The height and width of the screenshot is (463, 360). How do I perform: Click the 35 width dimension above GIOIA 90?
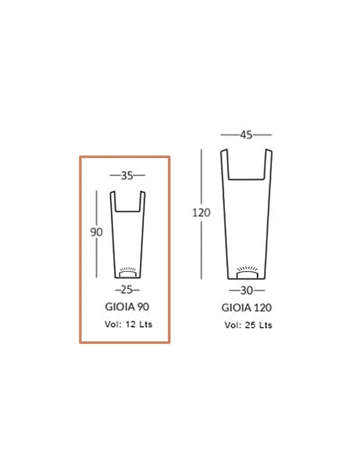127,176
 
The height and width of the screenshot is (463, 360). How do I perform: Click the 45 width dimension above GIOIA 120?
246,134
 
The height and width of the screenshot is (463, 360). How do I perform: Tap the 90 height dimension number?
97,232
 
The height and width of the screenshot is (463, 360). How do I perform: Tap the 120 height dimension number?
201,212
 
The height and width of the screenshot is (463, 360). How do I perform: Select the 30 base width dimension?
247,291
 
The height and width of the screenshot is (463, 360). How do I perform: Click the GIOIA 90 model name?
127,306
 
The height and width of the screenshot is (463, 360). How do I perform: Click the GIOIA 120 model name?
247,307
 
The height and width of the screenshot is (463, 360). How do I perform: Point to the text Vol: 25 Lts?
248,325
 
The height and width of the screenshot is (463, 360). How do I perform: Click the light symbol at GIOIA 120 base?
247,272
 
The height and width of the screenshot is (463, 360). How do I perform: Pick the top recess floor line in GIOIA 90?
127,210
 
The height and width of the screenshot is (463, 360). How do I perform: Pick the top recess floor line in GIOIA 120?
246,179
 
